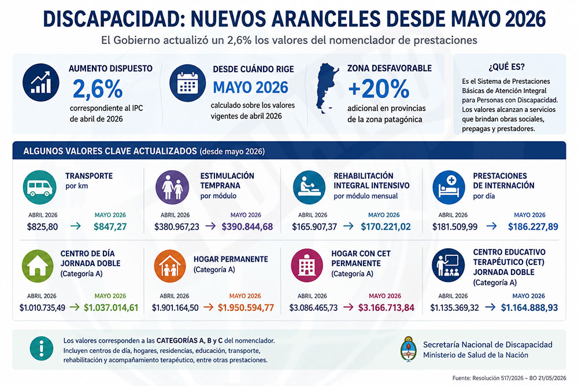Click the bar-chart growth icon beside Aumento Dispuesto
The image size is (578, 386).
pyautogui.click(x=40, y=83)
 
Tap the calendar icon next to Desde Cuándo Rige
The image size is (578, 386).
pyautogui.click(x=188, y=83)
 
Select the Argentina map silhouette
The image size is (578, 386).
pyautogui.click(x=327, y=88)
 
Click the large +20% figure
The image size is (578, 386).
pyautogui.click(x=379, y=89)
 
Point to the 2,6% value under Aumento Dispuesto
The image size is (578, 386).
pyautogui.click(x=98, y=89)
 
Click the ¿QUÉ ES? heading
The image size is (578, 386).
pyautogui.click(x=506, y=67)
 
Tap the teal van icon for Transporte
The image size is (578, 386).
pyautogui.click(x=39, y=188)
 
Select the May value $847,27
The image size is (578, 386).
pyautogui.click(x=110, y=227)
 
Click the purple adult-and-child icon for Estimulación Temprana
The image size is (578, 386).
pyautogui.click(x=172, y=188)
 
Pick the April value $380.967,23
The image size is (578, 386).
pyautogui.click(x=176, y=227)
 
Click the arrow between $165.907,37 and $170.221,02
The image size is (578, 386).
pyautogui.click(x=349, y=226)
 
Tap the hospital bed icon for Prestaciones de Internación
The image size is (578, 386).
pyautogui.click(x=449, y=188)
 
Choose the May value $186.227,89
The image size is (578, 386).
pyautogui.click(x=533, y=227)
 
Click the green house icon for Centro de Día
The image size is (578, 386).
pyautogui.click(x=38, y=266)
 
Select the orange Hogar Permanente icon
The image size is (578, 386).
pyautogui.click(x=170, y=266)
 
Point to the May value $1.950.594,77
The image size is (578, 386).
pyautogui.click(x=246, y=307)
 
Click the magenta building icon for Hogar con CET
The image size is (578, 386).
pyautogui.click(x=307, y=265)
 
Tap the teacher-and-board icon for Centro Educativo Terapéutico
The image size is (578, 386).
pyautogui.click(x=449, y=265)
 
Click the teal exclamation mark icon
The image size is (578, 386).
pyautogui.click(x=41, y=348)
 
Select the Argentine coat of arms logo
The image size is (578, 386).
pyautogui.click(x=409, y=348)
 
